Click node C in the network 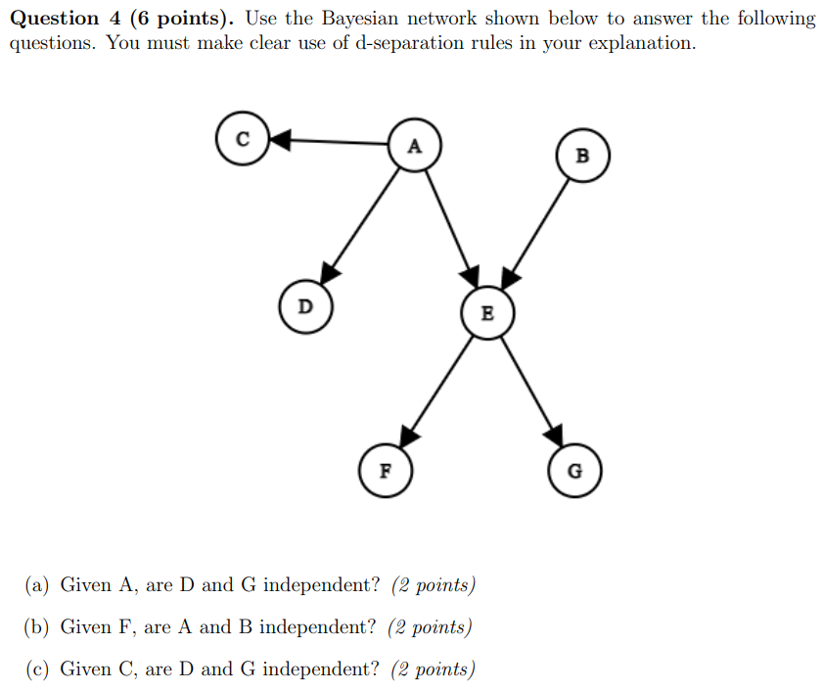point(242,140)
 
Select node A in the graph point(414,146)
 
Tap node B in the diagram point(583,156)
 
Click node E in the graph point(487,313)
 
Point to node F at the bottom point(386,469)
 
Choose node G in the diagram point(574,471)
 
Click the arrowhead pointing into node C point(279,141)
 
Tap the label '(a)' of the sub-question point(36,585)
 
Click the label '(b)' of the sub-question point(36,627)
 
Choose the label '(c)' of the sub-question point(36,669)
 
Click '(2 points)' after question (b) point(430,627)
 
